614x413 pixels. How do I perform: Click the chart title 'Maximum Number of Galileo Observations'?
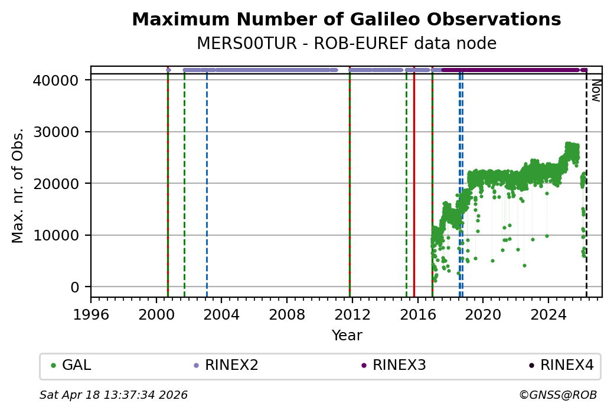[x=346, y=19]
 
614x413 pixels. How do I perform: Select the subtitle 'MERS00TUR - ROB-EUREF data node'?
[x=346, y=44]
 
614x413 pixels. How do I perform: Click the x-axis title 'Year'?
[x=347, y=336]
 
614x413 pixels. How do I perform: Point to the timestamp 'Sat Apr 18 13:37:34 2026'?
[x=113, y=395]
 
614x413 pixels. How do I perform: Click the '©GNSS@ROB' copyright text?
[x=558, y=395]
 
